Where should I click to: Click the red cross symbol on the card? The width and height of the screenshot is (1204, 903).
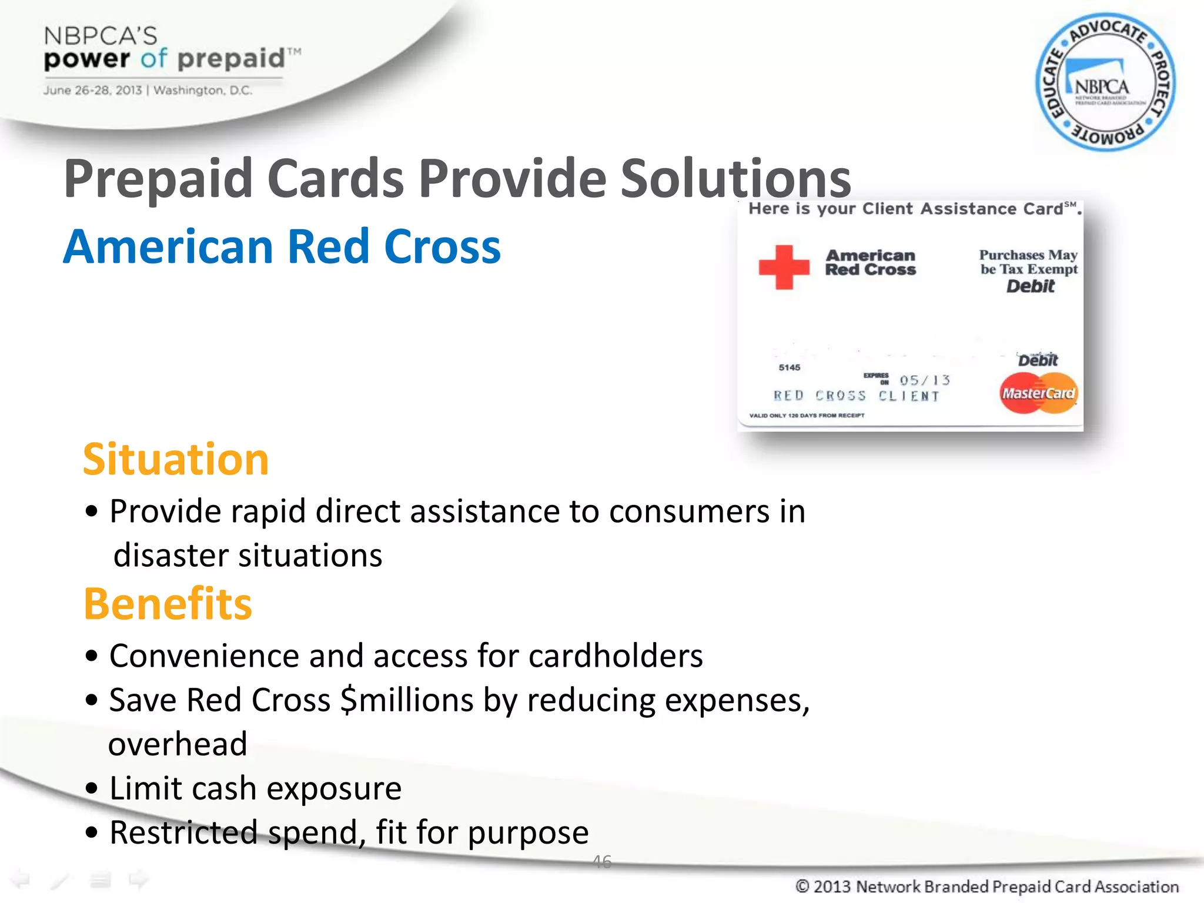[784, 267]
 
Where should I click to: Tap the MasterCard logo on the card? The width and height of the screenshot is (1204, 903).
[1038, 393]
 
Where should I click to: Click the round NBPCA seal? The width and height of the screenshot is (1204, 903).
[1105, 82]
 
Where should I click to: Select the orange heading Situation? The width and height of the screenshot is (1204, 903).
[176, 460]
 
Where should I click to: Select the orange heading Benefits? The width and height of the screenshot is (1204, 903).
[168, 604]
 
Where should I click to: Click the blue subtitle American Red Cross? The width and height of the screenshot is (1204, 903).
[282, 247]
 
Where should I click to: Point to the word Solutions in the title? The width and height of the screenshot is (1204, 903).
[735, 178]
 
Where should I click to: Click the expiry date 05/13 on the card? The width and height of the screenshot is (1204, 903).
[924, 380]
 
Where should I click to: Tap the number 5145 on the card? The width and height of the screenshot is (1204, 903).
[790, 367]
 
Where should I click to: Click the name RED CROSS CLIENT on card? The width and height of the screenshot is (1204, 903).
[856, 396]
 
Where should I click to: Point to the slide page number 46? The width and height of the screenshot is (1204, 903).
[602, 861]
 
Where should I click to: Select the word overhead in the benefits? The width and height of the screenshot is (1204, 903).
[178, 744]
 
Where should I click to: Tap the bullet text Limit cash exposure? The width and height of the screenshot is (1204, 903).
[255, 788]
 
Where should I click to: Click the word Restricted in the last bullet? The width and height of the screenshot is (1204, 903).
[183, 832]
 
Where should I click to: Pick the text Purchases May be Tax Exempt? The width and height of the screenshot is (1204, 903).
[1028, 262]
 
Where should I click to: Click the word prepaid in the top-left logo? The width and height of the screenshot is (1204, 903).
[230, 59]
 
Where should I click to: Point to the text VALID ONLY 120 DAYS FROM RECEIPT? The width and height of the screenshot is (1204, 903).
[807, 416]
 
